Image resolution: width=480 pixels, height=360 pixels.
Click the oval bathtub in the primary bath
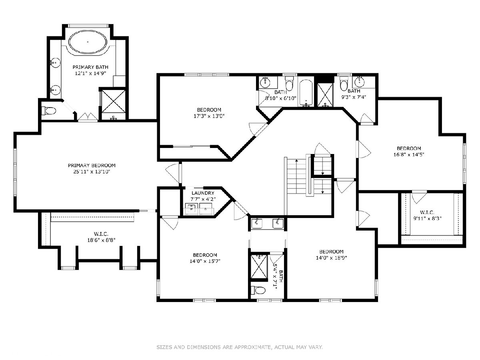pos(88,42)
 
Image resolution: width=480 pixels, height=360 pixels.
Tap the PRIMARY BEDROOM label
pos(92,166)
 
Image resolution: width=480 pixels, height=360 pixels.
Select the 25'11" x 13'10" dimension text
pos(92,172)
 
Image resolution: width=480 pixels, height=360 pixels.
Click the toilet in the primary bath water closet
pos(49,111)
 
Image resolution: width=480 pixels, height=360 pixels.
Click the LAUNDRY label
pos(203,193)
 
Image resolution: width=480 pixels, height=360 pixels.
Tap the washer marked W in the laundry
pos(192,209)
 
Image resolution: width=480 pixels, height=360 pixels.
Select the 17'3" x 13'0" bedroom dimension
pos(209,116)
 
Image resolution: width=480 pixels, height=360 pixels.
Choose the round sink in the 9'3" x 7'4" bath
pos(360,82)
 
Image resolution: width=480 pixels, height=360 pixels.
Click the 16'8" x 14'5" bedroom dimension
pos(409,154)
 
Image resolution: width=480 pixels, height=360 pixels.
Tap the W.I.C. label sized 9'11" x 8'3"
pos(427,212)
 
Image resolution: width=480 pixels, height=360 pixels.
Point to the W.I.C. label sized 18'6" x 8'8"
pos(101,234)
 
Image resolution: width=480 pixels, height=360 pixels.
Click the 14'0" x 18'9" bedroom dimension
pos(331,258)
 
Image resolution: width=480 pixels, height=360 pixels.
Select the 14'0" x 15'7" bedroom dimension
pos(205,261)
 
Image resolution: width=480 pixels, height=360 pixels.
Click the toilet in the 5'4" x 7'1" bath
pos(258,290)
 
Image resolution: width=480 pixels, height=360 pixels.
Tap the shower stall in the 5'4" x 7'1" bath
pos(259,267)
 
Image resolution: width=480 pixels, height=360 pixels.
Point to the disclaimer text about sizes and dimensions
pos(240,347)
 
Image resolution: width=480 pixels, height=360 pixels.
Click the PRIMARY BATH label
pos(90,67)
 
